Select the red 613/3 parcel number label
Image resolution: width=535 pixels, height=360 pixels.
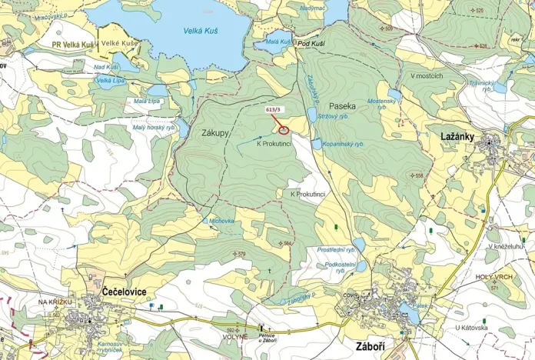(x=273, y=110)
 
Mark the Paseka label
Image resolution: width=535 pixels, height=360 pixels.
(x=342, y=105)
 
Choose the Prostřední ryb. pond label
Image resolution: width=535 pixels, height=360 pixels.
(x=336, y=249)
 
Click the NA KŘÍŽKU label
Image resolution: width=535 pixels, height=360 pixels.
(x=55, y=303)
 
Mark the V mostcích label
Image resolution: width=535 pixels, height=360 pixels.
(x=426, y=76)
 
